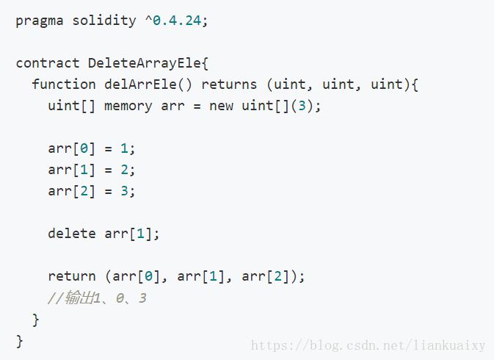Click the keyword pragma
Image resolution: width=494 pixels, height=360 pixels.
pyautogui.click(x=40, y=21)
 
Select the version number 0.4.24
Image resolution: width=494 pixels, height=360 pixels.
pyautogui.click(x=177, y=21)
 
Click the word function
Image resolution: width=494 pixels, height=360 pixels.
pyautogui.click(x=64, y=84)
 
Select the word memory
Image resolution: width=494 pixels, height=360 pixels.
pyautogui.click(x=128, y=106)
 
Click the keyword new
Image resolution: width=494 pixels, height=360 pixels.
pyautogui.click(x=221, y=106)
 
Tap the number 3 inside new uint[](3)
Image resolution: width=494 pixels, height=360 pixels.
pyautogui.click(x=302, y=106)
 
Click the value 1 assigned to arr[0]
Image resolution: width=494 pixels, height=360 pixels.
pyautogui.click(x=124, y=148)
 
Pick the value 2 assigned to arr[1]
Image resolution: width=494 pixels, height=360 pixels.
pyautogui.click(x=124, y=170)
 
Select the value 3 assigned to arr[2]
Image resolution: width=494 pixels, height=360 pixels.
pyautogui.click(x=124, y=191)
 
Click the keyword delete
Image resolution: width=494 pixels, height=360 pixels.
pyautogui.click(x=72, y=234)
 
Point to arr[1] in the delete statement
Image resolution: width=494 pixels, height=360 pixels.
pyautogui.click(x=128, y=234)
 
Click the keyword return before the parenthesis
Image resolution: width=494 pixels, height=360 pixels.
pyautogui.click(x=72, y=276)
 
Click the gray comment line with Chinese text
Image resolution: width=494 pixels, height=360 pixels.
pyautogui.click(x=97, y=298)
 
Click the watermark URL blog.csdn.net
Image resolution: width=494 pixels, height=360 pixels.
pyautogui.click(x=368, y=345)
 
